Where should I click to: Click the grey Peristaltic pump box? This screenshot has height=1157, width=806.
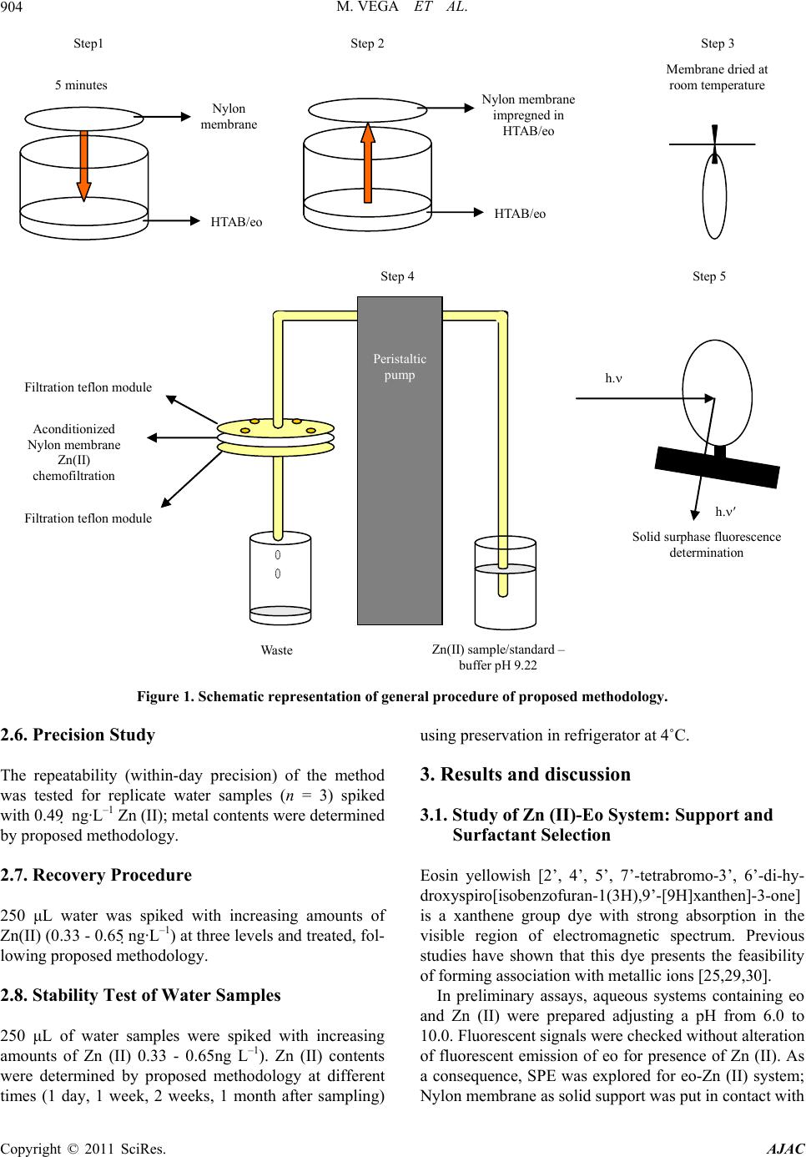click(400, 460)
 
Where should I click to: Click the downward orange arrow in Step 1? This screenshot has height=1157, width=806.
click(83, 165)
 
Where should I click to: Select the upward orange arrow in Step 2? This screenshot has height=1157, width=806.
click(368, 162)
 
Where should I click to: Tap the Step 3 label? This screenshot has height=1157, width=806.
click(718, 44)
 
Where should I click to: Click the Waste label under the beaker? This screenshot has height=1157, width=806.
click(276, 649)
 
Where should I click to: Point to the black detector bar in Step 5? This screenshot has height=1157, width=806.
click(718, 467)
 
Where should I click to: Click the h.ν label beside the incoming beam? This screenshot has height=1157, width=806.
click(613, 378)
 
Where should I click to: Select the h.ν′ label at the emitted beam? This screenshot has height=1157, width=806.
click(725, 512)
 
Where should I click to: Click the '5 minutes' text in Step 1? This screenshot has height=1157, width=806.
click(81, 85)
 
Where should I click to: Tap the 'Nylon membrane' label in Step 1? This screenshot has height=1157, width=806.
click(229, 116)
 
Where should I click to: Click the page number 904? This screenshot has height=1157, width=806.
click(12, 8)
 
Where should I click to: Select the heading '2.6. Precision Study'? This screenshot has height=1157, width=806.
click(78, 735)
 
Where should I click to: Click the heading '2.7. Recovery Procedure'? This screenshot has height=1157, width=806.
click(96, 875)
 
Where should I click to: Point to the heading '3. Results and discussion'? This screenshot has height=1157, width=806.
click(525, 775)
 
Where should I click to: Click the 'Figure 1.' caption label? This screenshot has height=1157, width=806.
click(165, 697)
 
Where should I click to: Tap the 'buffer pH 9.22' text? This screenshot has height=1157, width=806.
click(498, 665)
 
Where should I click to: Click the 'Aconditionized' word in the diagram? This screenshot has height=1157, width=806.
click(73, 429)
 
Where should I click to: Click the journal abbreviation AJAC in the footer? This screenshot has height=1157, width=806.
click(786, 1149)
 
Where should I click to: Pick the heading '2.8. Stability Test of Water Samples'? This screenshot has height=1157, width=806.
click(140, 995)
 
